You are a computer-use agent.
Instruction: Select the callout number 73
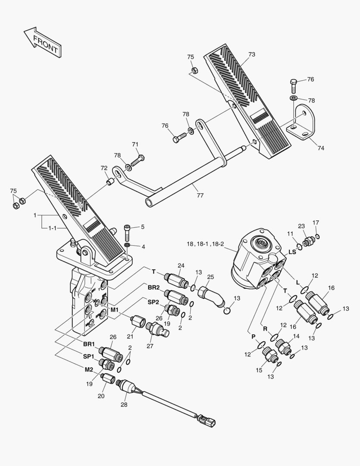[x=252, y=54]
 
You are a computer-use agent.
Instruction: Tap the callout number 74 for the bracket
[x=321, y=148]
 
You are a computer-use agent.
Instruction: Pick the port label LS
[x=292, y=252]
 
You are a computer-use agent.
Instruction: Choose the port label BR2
[x=153, y=287]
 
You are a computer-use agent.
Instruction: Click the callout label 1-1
[x=52, y=228]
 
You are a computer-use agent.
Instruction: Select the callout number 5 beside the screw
[x=142, y=227]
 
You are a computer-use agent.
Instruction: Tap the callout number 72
[x=104, y=168]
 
